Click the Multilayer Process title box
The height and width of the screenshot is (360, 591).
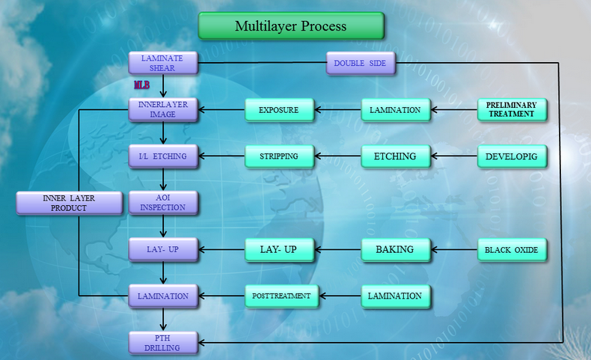291,26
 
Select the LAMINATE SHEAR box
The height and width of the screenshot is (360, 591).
163,63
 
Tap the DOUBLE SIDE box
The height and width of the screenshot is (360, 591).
361,64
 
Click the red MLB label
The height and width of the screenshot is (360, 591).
141,85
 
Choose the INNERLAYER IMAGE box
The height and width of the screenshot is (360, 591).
163,110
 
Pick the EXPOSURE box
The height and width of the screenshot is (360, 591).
279,110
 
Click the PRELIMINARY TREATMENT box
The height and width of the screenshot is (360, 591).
512,110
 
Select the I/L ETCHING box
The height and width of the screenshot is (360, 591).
163,156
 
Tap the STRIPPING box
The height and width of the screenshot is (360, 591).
279,156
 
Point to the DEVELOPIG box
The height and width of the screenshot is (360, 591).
512,156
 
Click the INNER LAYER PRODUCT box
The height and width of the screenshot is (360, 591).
70,203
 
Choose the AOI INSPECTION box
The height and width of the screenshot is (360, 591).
163,203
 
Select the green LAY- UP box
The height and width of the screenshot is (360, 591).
279,249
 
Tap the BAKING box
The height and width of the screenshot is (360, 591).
396,249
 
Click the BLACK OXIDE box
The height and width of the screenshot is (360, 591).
512,249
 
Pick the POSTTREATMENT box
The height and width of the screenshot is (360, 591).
281,296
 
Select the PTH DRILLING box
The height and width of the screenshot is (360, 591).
163,343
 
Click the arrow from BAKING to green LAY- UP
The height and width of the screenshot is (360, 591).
337,249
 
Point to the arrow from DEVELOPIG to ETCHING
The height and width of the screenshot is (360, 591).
454,156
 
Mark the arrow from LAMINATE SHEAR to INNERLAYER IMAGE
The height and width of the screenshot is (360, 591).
163,86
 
